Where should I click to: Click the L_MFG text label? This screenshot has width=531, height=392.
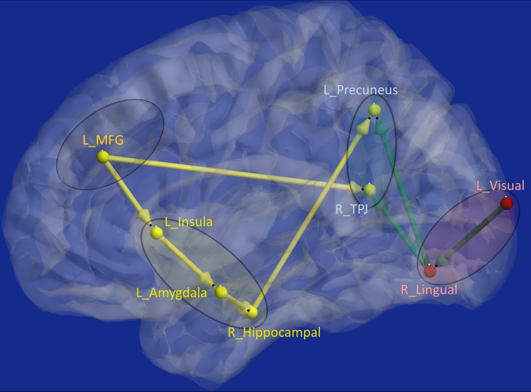(103, 140)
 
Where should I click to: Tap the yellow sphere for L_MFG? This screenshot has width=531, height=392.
(102, 157)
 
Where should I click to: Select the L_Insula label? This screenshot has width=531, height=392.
(188, 222)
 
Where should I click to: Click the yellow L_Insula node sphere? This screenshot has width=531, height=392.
(157, 233)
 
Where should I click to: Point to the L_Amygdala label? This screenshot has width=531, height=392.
(171, 293)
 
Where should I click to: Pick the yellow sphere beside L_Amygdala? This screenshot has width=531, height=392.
(221, 292)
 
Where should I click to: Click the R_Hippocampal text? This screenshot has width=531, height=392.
(274, 332)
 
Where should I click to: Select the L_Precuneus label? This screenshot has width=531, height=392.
(361, 90)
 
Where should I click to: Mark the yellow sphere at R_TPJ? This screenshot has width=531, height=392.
(369, 190)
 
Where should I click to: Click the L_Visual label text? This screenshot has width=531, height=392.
(500, 185)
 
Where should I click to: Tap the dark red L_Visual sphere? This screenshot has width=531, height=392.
(506, 203)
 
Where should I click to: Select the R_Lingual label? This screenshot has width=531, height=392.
(429, 289)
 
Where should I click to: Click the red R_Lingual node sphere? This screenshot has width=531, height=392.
(430, 271)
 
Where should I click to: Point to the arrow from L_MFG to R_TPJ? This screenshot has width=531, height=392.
(232, 173)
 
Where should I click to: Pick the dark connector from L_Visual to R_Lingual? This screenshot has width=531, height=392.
(473, 233)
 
